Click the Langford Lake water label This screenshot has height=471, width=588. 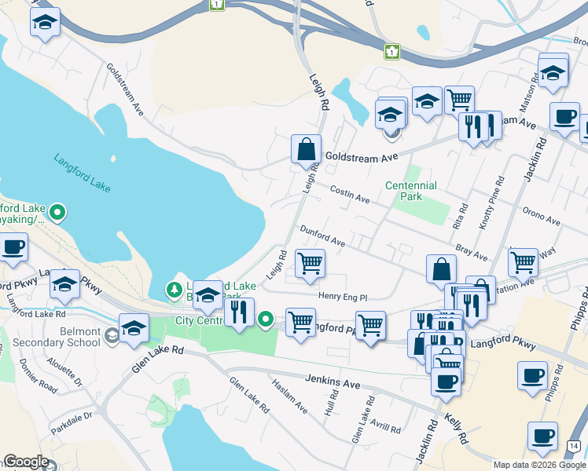pyautogui.click(x=83, y=173)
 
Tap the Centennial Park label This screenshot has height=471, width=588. pyautogui.click(x=410, y=191)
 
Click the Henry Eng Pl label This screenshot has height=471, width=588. pyautogui.click(x=343, y=297)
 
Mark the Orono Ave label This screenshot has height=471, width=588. pyautogui.click(x=541, y=217)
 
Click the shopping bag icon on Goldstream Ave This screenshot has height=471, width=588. pyautogui.click(x=306, y=149)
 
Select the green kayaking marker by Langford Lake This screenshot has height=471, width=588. pyautogui.click(x=57, y=212)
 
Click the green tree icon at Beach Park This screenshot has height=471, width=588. pyautogui.click(x=174, y=290)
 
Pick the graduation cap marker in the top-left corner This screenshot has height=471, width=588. pyautogui.click(x=46, y=24)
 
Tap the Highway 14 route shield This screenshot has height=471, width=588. pyautogui.click(x=575, y=446)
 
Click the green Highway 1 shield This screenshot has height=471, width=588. pyautogui.click(x=391, y=52)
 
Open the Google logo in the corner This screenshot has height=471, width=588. pyautogui.click(x=26, y=462)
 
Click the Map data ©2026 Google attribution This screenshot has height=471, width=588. pyautogui.click(x=539, y=465)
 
